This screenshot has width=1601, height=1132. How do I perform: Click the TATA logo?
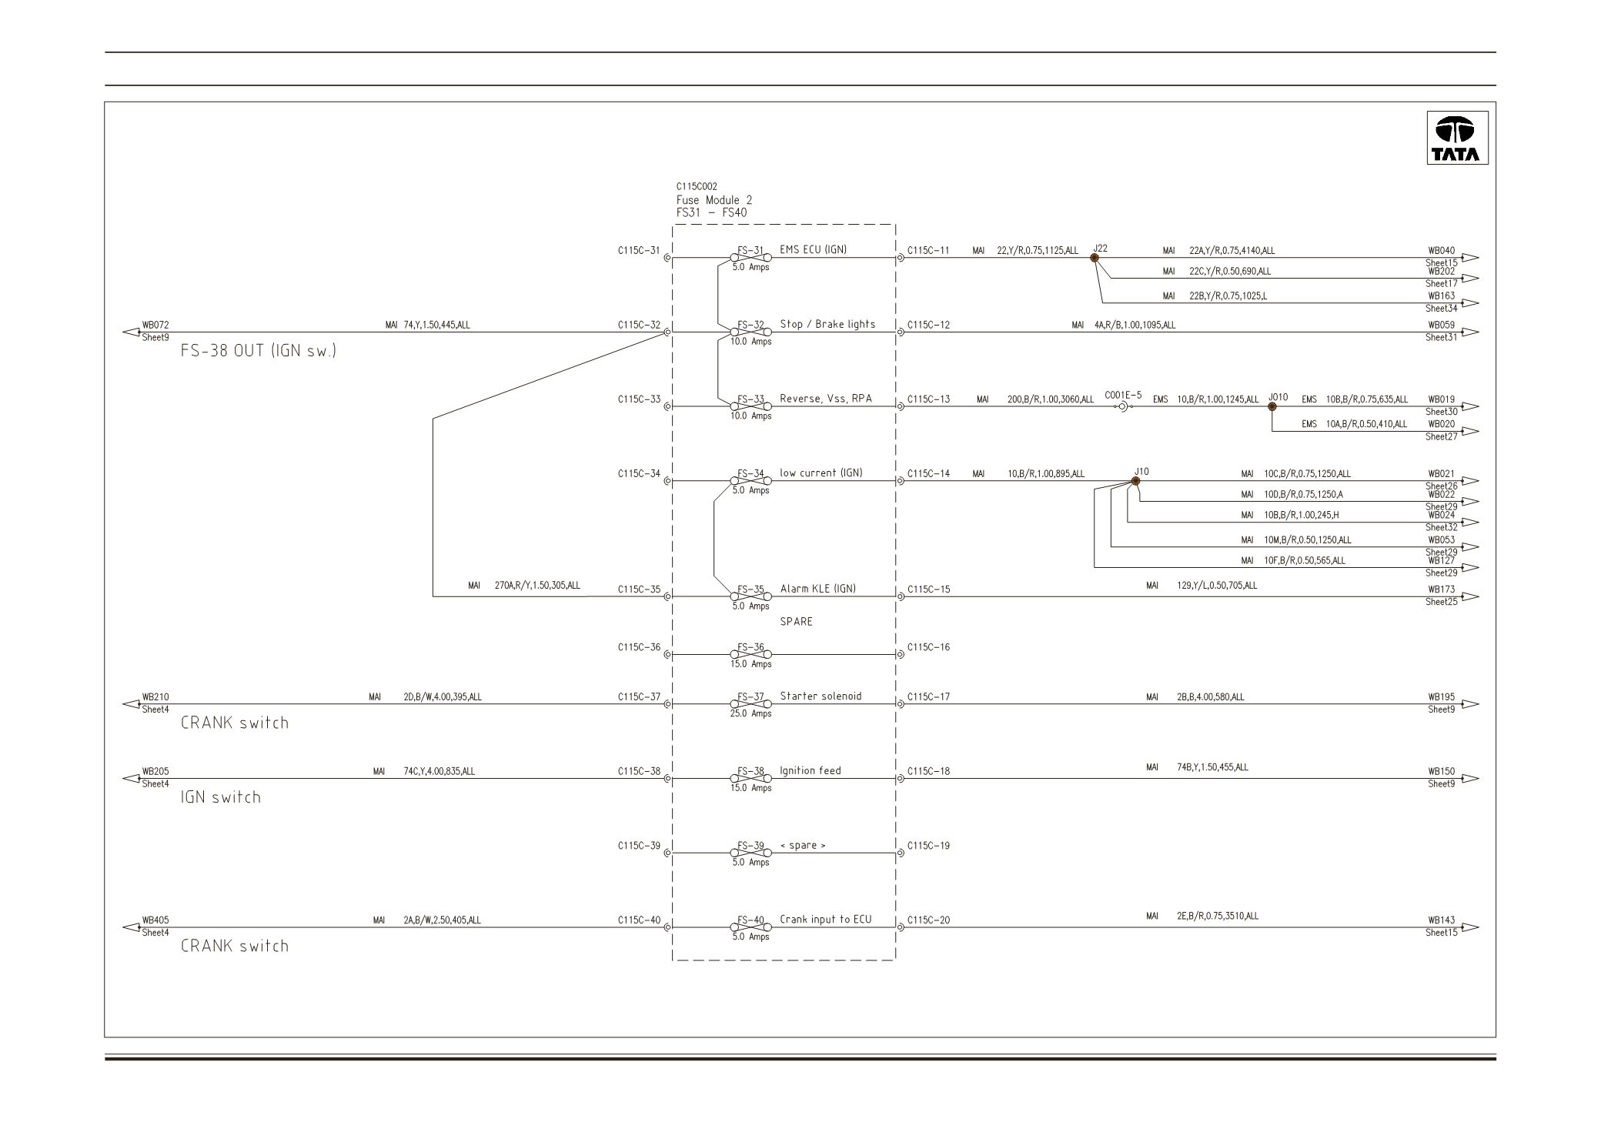click(x=1457, y=138)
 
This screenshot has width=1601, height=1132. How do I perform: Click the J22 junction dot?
click(x=1095, y=258)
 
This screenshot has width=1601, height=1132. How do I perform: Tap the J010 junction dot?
click(x=1272, y=406)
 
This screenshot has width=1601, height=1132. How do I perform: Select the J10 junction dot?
click(x=1135, y=481)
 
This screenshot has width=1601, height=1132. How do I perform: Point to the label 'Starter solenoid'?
click(x=821, y=696)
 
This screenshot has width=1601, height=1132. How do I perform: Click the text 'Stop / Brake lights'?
click(x=827, y=324)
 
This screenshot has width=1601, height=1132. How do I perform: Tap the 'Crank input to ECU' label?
click(x=826, y=920)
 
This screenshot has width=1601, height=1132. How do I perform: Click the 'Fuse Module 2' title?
click(x=714, y=200)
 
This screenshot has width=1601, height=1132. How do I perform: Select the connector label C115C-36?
click(x=639, y=647)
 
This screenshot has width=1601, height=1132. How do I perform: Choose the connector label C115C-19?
click(x=928, y=846)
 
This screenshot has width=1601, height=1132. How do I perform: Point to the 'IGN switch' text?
click(x=221, y=797)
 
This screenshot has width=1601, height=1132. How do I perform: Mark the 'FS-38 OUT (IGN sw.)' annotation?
click(x=259, y=351)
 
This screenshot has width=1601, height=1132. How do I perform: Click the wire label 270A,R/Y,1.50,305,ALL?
click(x=537, y=586)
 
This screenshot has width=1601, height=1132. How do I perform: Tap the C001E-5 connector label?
click(x=1123, y=396)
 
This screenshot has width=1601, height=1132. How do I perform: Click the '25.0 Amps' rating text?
click(x=751, y=713)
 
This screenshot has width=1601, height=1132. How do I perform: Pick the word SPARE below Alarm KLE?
click(x=796, y=622)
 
